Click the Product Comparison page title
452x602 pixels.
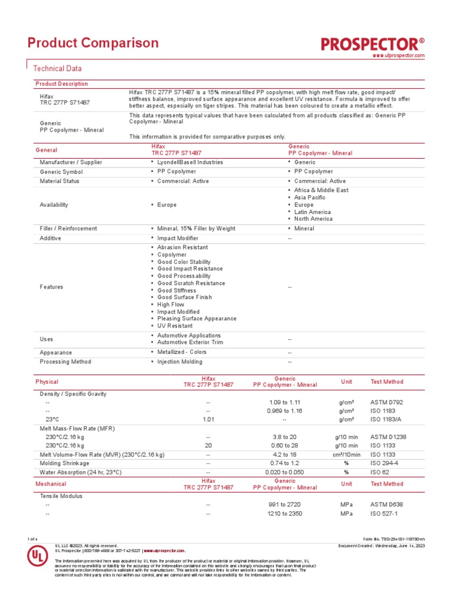coord(94,43)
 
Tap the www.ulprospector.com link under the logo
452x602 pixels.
coord(398,55)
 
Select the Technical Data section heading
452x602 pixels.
coord(57,69)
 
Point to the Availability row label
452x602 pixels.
coord(54,205)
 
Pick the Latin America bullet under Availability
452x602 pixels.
coord(312,212)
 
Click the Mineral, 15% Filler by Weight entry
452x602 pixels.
coord(195,229)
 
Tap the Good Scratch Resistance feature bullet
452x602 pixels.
coord(191,283)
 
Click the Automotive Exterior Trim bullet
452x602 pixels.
coord(190,342)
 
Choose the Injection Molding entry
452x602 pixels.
coord(180,362)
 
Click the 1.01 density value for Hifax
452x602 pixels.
coord(208,419)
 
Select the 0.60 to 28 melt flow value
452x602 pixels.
coord(284,446)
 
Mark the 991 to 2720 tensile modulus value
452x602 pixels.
coord(284,504)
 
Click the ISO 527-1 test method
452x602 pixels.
coord(384,513)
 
